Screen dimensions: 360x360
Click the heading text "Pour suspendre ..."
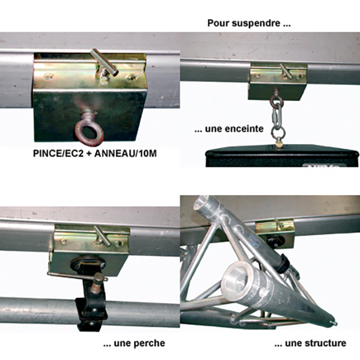point(249,23)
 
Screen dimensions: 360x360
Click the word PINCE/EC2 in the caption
point(58,154)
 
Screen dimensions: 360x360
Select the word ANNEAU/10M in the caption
point(125,154)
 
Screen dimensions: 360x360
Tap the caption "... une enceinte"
point(229,129)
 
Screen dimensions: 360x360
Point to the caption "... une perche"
point(134,343)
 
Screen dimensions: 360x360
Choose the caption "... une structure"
point(310,343)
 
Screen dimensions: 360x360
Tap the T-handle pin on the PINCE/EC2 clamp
point(104,62)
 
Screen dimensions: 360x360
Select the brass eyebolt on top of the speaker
point(279,144)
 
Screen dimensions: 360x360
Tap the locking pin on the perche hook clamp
point(78,276)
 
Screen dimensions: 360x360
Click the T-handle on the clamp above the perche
point(103,236)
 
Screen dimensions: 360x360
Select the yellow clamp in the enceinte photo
point(278,82)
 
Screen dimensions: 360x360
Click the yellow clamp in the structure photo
point(275,232)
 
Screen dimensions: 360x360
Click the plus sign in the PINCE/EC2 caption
point(89,154)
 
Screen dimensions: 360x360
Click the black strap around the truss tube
point(283,263)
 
